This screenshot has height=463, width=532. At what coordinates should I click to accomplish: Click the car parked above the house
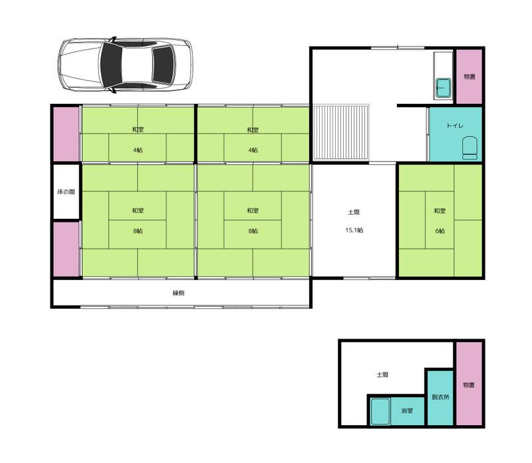tap(125, 65)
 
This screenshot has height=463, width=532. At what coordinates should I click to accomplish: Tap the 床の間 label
tap(66, 192)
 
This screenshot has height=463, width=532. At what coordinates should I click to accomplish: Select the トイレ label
tap(455, 126)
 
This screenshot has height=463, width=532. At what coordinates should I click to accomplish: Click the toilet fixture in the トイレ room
tap(469, 148)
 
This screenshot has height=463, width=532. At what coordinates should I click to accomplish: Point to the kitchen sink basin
tap(443, 88)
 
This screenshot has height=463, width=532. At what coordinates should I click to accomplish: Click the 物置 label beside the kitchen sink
tap(469, 77)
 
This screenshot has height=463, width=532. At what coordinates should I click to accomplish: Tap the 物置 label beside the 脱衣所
tap(469, 385)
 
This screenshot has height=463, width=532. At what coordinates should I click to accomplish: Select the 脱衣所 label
tap(440, 396)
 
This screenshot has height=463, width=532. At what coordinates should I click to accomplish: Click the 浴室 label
tap(407, 410)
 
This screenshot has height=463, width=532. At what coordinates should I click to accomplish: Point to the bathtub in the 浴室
tap(380, 411)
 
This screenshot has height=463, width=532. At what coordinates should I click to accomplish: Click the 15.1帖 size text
tap(354, 230)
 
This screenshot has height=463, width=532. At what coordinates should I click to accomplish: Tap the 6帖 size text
tap(440, 231)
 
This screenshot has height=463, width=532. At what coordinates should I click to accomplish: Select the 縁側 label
tap(178, 293)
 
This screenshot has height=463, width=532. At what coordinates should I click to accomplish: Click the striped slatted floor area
tap(340, 132)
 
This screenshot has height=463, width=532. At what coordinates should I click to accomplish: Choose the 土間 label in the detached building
tap(382, 375)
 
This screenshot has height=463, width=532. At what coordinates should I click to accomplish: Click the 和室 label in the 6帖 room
tap(440, 211)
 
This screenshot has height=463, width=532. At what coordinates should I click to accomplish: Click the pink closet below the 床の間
tap(66, 249)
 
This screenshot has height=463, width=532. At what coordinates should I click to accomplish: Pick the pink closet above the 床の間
tap(66, 134)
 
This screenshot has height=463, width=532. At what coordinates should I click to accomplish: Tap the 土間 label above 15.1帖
tap(354, 212)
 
